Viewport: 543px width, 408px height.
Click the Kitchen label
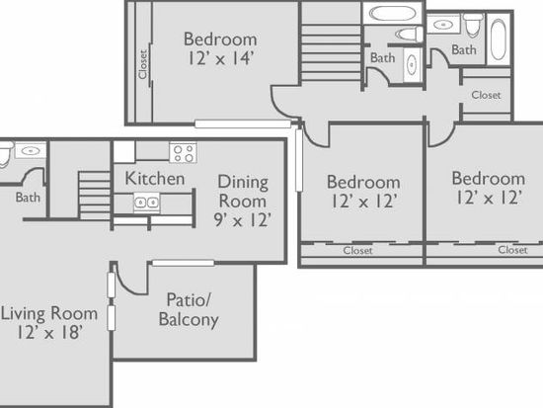(155, 179)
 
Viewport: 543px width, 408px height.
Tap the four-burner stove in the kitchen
(184, 152)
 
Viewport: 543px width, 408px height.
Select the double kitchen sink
(147, 203)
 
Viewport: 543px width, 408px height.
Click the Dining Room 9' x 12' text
(243, 201)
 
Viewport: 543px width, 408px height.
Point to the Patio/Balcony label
(189, 309)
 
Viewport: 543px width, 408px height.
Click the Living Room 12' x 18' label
(49, 323)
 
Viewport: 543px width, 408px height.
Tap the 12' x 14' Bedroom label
(220, 48)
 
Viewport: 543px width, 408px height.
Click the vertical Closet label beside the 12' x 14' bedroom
(143, 64)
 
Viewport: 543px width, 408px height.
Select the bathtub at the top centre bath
(392, 14)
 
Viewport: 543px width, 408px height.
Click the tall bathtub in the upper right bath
(499, 40)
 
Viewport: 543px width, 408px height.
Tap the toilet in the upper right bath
(473, 25)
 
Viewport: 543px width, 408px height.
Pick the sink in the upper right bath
(443, 25)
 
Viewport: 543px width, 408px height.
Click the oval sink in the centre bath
(412, 65)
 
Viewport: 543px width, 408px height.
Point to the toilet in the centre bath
(409, 35)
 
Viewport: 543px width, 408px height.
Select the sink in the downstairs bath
(31, 151)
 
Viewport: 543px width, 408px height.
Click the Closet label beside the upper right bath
(486, 95)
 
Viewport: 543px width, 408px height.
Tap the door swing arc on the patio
(128, 286)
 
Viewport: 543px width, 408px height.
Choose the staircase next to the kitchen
(95, 196)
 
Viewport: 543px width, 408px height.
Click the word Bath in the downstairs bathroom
(28, 198)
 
